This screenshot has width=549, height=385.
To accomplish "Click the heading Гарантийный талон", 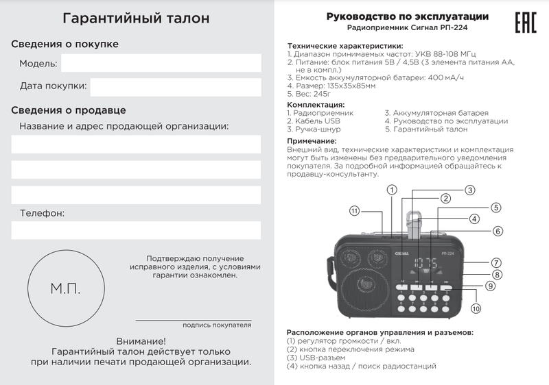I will (x=137, y=18).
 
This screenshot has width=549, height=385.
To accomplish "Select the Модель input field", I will (x=161, y=64).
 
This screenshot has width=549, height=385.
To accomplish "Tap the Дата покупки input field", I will (x=175, y=86).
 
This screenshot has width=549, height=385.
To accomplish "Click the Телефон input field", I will (x=137, y=230).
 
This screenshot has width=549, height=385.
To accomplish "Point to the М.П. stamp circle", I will (x=66, y=288).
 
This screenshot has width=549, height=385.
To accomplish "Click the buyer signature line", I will (x=193, y=319).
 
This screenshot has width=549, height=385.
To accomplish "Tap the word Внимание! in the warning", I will (x=141, y=340).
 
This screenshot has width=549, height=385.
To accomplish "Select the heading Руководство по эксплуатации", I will (x=408, y=16).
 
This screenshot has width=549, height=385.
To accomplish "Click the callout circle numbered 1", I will (x=392, y=189).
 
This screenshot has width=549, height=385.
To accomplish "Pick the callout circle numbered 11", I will (x=354, y=211).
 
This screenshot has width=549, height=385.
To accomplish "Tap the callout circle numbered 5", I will (x=495, y=208).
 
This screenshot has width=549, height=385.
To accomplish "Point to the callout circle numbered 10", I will (x=476, y=309).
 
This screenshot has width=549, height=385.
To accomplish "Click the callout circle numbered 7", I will (x=496, y=262).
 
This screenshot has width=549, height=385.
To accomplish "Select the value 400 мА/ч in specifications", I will (x=445, y=78).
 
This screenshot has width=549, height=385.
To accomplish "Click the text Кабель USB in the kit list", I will (x=314, y=121).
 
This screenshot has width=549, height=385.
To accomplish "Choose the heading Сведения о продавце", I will (x=69, y=110).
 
